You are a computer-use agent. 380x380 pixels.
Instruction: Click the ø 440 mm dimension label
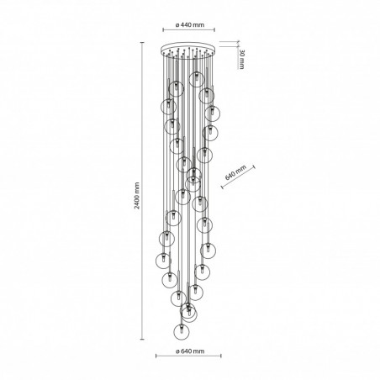coord(190,25)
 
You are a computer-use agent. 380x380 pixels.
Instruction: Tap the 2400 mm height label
coord(137,196)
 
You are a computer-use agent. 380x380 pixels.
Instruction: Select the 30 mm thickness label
coord(241,59)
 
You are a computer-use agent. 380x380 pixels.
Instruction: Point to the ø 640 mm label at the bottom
coord(190,351)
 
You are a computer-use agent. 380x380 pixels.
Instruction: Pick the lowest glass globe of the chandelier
coord(182,331)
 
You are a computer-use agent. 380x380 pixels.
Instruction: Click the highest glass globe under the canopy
coord(197,79)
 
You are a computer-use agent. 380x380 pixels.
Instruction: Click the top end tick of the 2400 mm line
coord(142,43)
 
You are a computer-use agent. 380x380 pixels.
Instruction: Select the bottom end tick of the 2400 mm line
coord(142,339)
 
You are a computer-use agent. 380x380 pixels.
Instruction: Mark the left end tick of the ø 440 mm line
coord(163,29)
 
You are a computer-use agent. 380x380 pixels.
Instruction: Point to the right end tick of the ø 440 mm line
coord(214,29)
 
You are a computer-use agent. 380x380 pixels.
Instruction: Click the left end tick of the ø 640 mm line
coord(156,356)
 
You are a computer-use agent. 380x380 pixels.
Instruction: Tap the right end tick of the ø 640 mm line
coord(221,356)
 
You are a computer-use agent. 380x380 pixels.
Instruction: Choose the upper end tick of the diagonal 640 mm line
coord(254,167)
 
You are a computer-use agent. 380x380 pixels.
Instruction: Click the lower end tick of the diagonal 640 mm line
coord(222,187)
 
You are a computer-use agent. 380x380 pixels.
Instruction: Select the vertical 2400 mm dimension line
coord(142,191)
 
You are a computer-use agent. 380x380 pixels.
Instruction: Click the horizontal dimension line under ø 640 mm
coord(188,356)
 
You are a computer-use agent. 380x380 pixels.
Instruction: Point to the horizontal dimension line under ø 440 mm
coord(189,29)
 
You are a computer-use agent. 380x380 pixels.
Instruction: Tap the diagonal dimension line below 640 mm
coord(238,177)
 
